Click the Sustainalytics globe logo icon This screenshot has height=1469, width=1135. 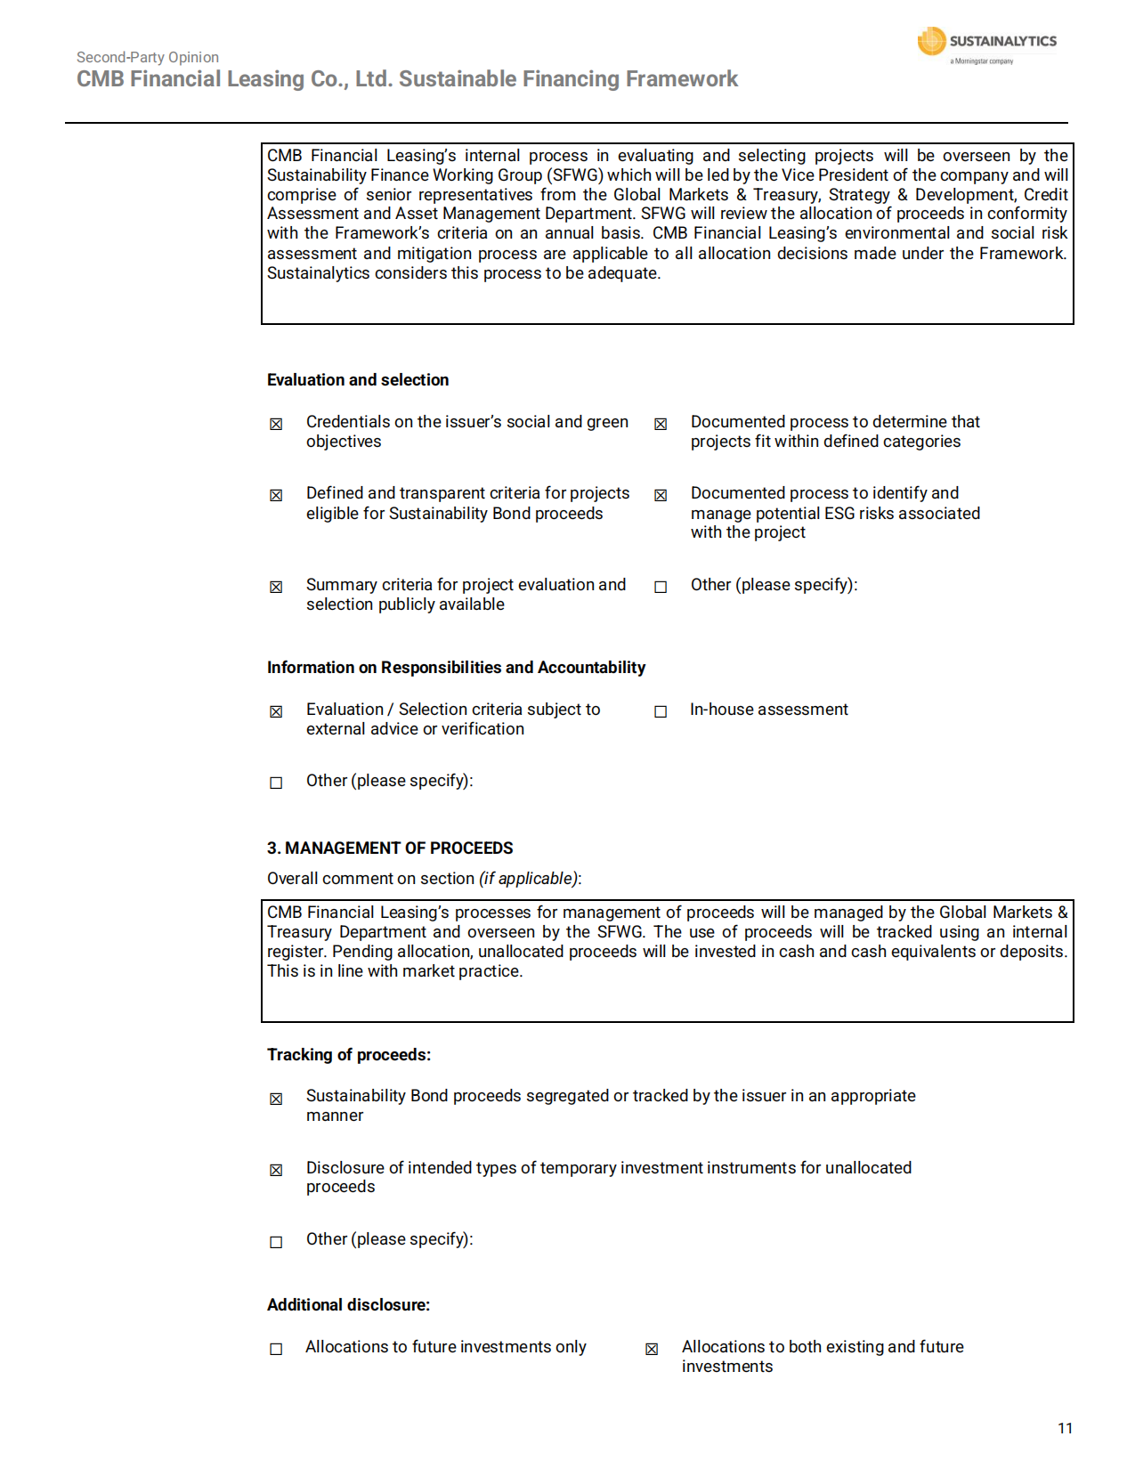click(931, 41)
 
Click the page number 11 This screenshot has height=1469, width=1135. click(1065, 1428)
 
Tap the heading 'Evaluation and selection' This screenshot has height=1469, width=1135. click(358, 380)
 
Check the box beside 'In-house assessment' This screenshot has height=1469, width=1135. click(661, 711)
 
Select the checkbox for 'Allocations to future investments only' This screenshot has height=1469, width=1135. click(276, 1349)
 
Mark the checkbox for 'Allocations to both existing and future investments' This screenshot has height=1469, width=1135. click(652, 1349)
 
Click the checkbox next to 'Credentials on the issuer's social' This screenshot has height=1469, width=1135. click(276, 424)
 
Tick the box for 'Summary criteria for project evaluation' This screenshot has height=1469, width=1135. click(276, 587)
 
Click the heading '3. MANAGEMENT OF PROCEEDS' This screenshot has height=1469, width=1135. click(390, 848)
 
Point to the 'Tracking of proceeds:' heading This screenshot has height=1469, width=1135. click(349, 1055)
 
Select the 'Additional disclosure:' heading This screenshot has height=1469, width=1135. click(348, 1305)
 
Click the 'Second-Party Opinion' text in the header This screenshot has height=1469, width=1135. click(148, 57)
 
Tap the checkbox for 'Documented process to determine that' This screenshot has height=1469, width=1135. click(661, 424)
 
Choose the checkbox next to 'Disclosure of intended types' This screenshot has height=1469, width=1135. click(276, 1170)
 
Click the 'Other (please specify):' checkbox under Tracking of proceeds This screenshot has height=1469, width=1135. click(276, 1242)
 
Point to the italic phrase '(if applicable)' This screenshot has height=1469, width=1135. click(529, 879)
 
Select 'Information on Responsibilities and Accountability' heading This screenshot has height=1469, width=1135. click(456, 668)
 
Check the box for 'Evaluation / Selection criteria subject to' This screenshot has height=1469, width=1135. click(276, 711)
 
